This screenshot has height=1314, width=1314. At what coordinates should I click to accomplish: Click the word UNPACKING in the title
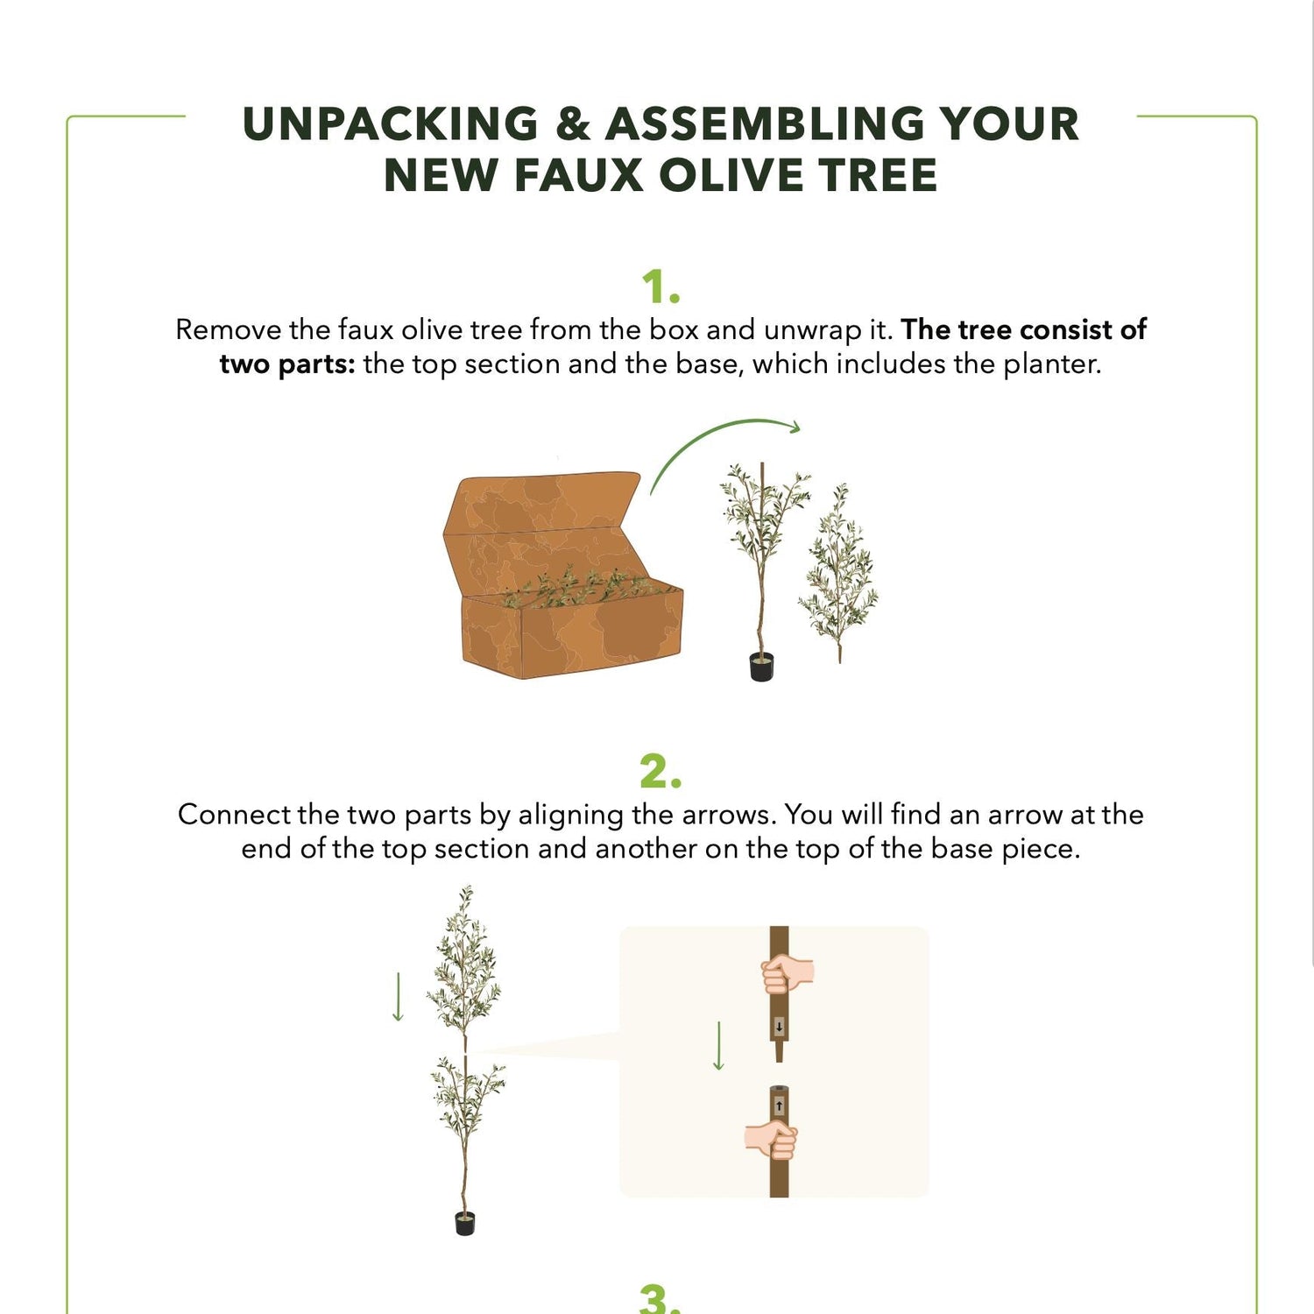[391, 124]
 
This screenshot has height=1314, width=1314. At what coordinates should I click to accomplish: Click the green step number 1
[660, 287]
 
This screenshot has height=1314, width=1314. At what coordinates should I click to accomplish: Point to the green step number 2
[660, 772]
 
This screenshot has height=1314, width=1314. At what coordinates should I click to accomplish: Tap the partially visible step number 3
[660, 1298]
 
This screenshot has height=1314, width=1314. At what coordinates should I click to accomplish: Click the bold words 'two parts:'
[287, 364]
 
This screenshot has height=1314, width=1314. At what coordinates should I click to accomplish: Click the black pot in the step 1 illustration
[762, 667]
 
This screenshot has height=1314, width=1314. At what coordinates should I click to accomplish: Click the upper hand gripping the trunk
[786, 973]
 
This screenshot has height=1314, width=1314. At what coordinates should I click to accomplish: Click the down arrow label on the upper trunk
[779, 1027]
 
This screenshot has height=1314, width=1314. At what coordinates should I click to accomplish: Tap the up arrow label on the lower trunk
[780, 1106]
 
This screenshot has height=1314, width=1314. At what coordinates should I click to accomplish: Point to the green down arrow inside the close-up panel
[718, 1046]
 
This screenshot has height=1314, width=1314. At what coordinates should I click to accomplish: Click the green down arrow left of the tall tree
[398, 997]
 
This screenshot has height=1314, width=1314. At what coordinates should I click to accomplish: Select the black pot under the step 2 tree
[465, 1223]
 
